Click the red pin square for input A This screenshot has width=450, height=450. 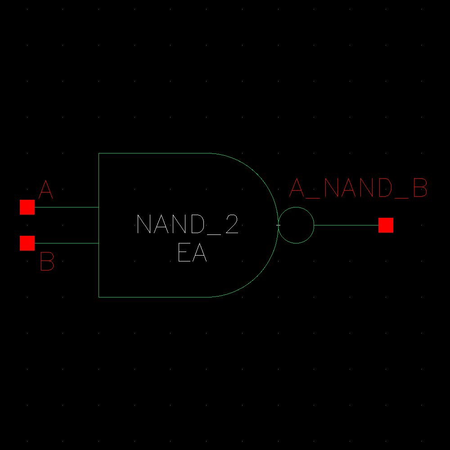pyautogui.click(x=27, y=207)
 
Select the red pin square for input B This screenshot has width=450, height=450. pyautogui.click(x=27, y=243)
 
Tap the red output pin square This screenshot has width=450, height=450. pyautogui.click(x=386, y=225)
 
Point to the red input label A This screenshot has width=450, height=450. pyautogui.click(x=45, y=190)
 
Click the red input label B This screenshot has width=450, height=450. pyautogui.click(x=47, y=261)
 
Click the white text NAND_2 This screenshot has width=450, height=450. pyautogui.click(x=187, y=224)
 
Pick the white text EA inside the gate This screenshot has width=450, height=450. pyautogui.click(x=192, y=253)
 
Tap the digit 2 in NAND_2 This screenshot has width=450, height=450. pyautogui.click(x=231, y=224)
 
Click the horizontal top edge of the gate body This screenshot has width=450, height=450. pyautogui.click(x=153, y=153)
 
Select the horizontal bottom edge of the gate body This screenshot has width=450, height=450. pyautogui.click(x=153, y=297)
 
